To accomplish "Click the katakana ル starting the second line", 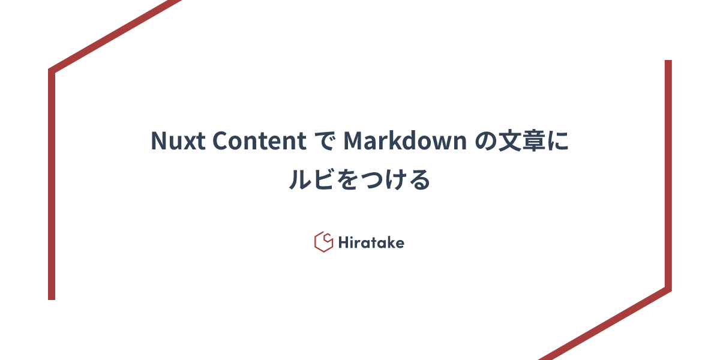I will pyautogui.click(x=299, y=180).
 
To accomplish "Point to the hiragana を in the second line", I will pyautogui.click(x=347, y=180).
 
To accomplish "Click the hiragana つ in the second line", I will pyautogui.click(x=371, y=180).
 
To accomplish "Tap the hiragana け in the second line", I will pyautogui.click(x=395, y=180).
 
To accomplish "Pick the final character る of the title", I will pyautogui.click(x=419, y=180).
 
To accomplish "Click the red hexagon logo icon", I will pyautogui.click(x=323, y=242).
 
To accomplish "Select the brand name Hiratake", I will pyautogui.click(x=370, y=242).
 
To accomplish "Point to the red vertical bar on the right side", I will pyautogui.click(x=668, y=174).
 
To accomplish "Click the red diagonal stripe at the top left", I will pyautogui.click(x=114, y=36).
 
